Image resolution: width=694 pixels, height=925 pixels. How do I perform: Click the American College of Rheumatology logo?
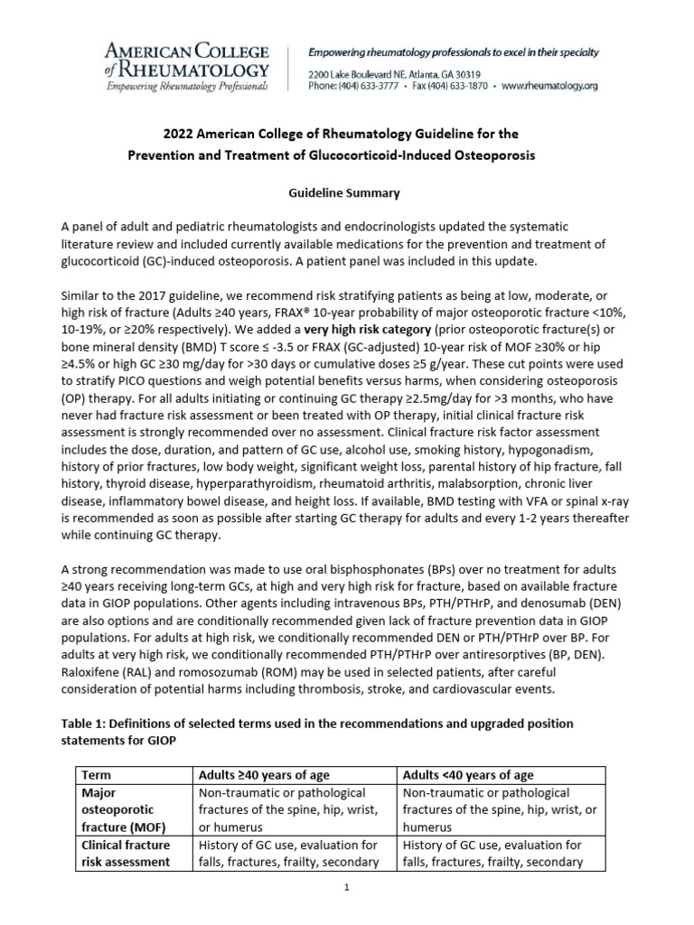[187, 65]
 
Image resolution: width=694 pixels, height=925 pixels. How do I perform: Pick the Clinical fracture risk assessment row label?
[126, 853]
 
